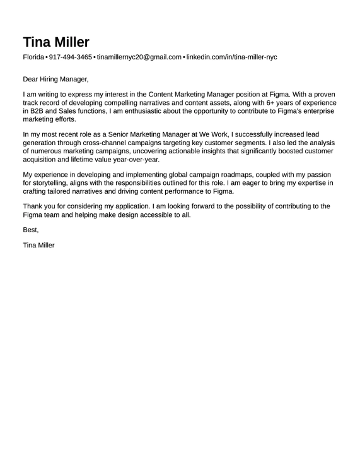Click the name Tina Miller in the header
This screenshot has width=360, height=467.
[56, 42]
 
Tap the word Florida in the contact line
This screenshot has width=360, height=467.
[33, 57]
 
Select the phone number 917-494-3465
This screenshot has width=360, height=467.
[70, 57]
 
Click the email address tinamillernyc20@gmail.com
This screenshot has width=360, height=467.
[139, 57]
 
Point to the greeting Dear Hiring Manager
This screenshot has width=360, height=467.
[55, 80]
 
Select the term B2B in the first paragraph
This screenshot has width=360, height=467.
[38, 110]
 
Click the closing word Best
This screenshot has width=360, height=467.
[30, 230]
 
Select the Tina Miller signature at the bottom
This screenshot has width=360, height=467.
[38, 245]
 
